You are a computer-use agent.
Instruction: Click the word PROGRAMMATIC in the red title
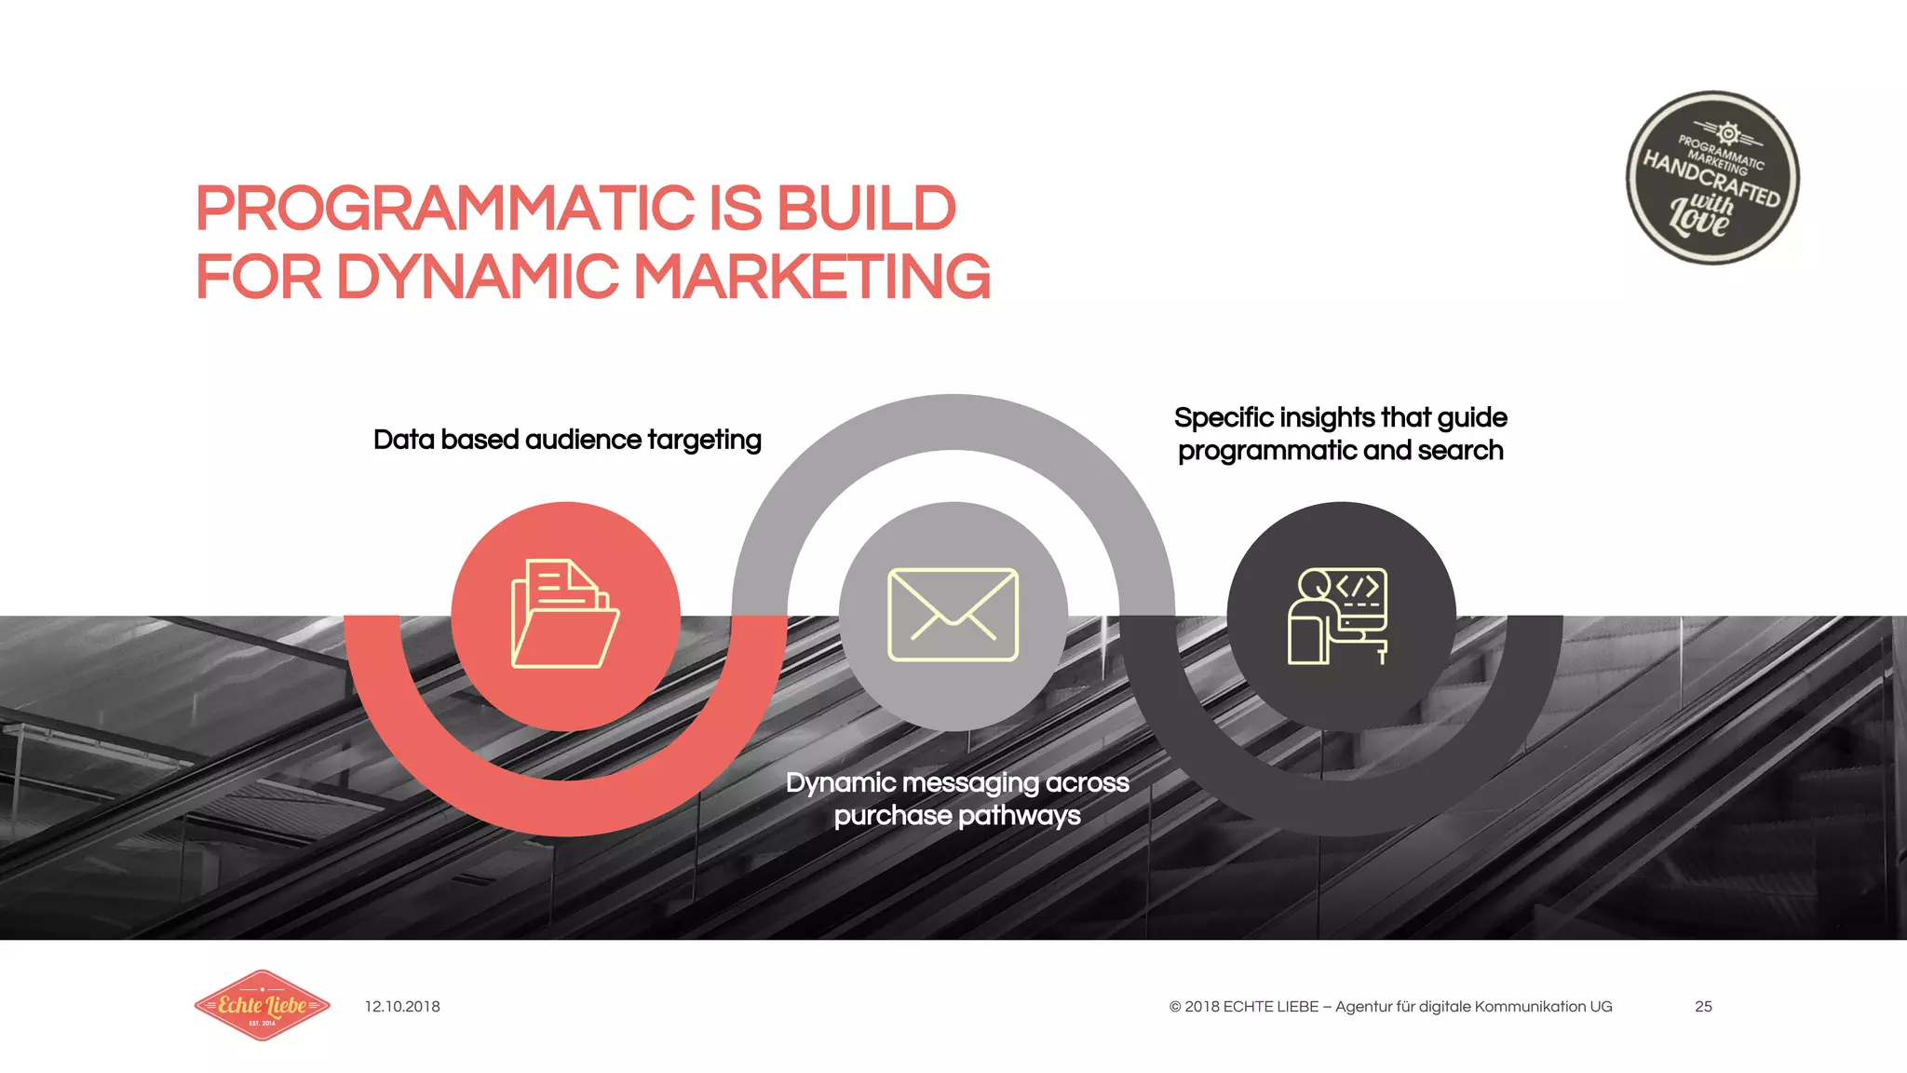[x=445, y=208]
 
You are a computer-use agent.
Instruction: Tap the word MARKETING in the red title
[x=812, y=277]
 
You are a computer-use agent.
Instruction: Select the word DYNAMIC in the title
[x=477, y=277]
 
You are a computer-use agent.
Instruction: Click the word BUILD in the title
[x=866, y=208]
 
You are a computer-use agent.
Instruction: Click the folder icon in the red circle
[x=564, y=615]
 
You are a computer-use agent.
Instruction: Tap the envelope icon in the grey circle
[x=953, y=615]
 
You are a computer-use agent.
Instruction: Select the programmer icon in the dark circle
[x=1339, y=616]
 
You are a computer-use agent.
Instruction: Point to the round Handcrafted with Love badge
[x=1712, y=178]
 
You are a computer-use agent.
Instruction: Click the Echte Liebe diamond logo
[x=262, y=1005]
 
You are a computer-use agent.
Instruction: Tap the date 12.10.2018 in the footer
[x=402, y=1007]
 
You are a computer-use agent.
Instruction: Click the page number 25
[x=1703, y=1007]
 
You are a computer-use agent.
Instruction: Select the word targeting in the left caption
[x=704, y=440]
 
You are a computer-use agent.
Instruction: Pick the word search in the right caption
[x=1460, y=451]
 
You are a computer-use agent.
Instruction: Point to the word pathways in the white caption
[x=1019, y=816]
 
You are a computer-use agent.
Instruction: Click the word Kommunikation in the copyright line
[x=1530, y=1007]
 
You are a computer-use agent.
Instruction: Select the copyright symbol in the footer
[x=1175, y=1007]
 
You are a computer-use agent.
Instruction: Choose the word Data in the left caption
[x=403, y=440]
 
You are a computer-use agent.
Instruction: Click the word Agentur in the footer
[x=1363, y=1007]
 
